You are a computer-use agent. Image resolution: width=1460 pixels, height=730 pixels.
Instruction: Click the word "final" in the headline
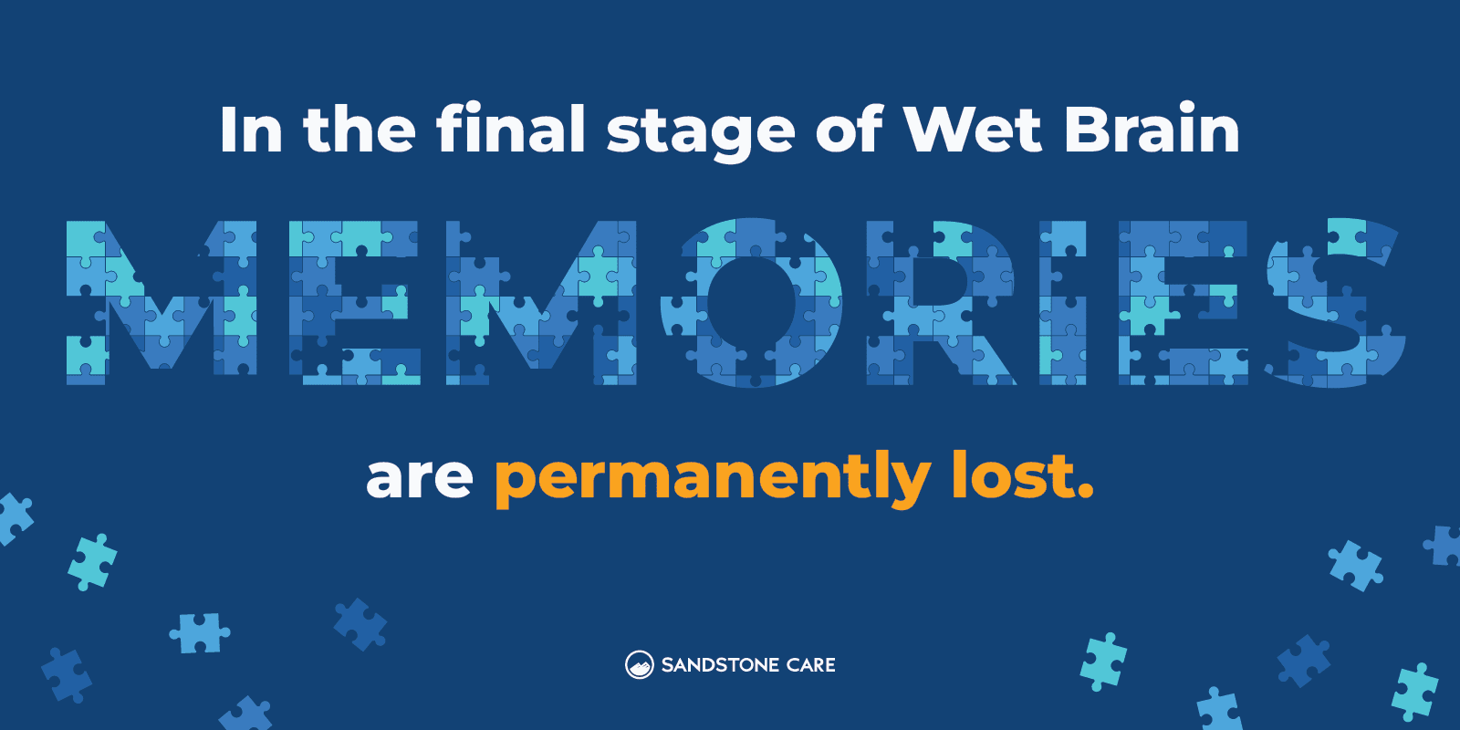(511, 129)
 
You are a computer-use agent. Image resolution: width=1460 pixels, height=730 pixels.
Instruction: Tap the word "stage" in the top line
(701, 133)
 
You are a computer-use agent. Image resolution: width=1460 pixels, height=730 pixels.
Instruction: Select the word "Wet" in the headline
(972, 129)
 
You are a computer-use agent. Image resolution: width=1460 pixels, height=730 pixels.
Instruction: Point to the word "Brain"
(1152, 129)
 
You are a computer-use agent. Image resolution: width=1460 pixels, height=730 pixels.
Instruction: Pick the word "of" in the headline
(849, 129)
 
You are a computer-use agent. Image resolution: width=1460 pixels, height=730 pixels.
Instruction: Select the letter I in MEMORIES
(1062, 302)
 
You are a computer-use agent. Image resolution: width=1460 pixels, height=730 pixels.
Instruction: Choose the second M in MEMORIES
(541, 302)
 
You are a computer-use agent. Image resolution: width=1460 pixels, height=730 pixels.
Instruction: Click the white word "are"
(419, 477)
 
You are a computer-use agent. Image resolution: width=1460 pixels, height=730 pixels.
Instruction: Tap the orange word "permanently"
(712, 477)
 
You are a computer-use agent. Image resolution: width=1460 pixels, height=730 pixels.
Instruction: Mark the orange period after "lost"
(1085, 494)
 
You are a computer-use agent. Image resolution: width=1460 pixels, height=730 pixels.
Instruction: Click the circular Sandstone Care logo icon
(639, 665)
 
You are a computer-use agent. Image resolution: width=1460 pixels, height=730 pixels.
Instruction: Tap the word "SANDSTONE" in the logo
(720, 665)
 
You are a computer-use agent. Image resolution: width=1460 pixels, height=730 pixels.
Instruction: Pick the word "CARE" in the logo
(810, 665)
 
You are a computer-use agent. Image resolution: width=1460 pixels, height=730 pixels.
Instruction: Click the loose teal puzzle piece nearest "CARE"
(1103, 661)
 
